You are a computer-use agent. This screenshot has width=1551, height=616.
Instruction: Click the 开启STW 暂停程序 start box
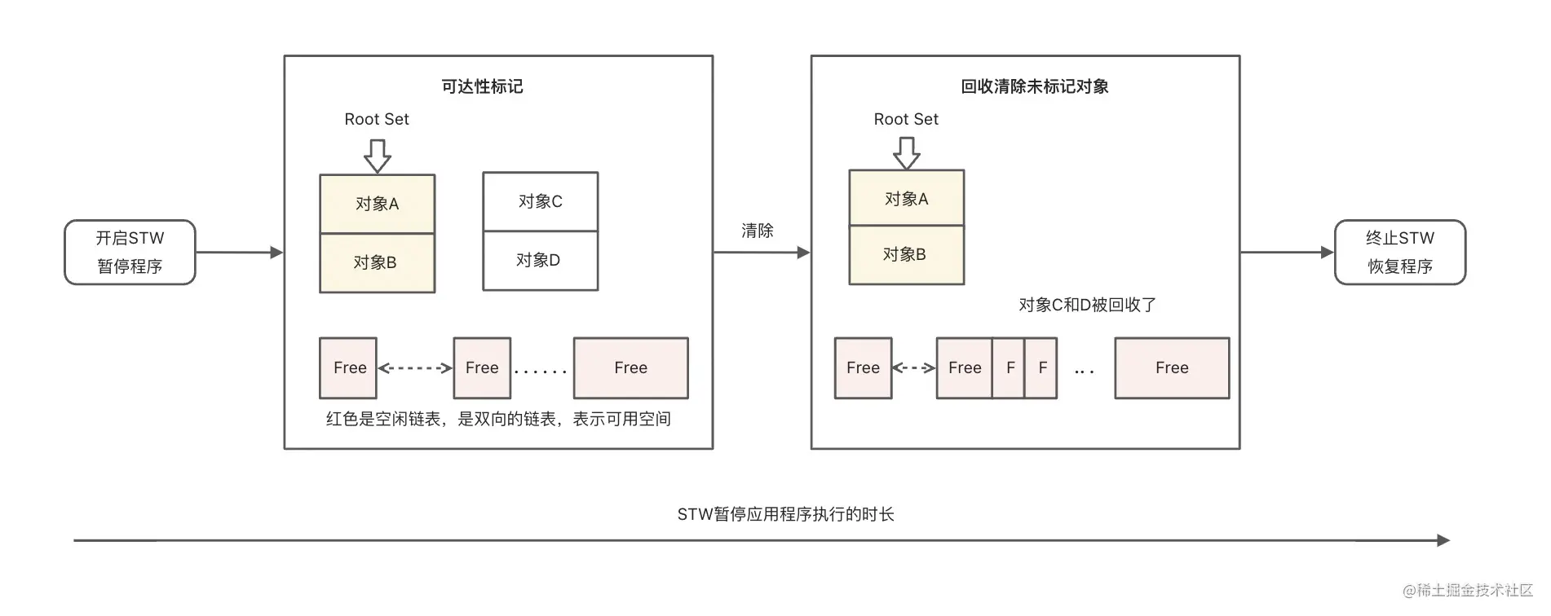(130, 252)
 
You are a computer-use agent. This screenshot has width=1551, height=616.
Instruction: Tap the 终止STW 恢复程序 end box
(1399, 252)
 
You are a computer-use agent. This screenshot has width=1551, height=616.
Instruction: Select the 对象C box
(540, 201)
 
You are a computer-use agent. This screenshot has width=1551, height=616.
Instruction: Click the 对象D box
(540, 261)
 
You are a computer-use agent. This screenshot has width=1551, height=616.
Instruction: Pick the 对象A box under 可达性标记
(377, 204)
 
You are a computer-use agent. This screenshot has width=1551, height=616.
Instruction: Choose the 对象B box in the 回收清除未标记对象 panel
(906, 255)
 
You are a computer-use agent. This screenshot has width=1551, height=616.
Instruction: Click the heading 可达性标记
(482, 86)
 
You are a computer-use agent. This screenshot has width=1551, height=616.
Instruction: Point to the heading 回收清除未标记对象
(1034, 86)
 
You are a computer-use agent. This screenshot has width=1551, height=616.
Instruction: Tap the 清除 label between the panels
(757, 231)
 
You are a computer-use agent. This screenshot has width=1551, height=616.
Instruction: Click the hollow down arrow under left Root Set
(377, 156)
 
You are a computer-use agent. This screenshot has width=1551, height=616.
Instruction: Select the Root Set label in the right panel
(906, 119)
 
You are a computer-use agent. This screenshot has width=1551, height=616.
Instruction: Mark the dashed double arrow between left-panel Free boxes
(415, 368)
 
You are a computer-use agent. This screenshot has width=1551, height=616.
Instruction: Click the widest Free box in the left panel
(630, 368)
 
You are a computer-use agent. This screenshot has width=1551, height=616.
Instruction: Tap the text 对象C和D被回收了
(1087, 305)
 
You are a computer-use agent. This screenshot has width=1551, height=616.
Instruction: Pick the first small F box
(1010, 368)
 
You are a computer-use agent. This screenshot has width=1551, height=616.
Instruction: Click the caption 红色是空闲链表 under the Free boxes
(498, 419)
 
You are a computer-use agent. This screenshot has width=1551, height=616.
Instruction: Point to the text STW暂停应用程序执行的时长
(785, 514)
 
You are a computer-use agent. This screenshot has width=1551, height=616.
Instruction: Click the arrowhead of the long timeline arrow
(1443, 540)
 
